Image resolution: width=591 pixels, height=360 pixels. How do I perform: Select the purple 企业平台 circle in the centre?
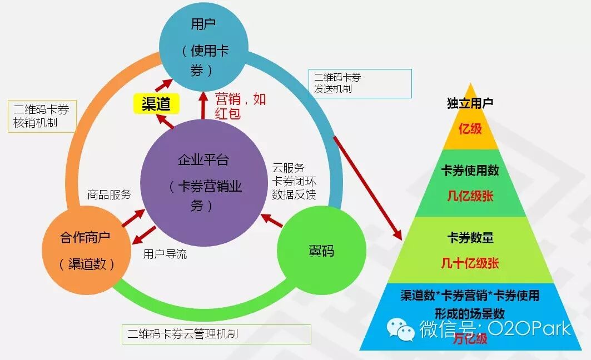point(203,178)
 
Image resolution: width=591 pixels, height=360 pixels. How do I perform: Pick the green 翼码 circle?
point(321,251)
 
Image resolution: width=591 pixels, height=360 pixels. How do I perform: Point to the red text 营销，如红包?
point(240,106)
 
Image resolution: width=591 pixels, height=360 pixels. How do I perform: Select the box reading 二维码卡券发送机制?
point(360,83)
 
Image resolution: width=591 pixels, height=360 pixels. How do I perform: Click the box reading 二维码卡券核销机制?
point(41,116)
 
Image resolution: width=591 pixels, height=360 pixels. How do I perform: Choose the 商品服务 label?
point(109,194)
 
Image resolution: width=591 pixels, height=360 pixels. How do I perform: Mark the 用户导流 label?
point(165,254)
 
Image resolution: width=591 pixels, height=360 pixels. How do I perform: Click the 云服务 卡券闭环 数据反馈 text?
point(294,181)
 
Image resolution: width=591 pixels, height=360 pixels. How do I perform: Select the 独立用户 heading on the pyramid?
point(470,103)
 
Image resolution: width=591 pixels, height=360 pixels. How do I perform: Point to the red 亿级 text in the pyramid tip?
point(470,128)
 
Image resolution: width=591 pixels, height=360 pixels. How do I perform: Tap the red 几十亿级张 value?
point(470,263)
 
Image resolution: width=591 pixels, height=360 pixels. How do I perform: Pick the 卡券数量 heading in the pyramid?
point(470,238)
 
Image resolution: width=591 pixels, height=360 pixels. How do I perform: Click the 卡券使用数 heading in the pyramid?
point(470,171)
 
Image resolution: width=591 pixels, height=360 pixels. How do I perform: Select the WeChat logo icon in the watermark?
point(401,328)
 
